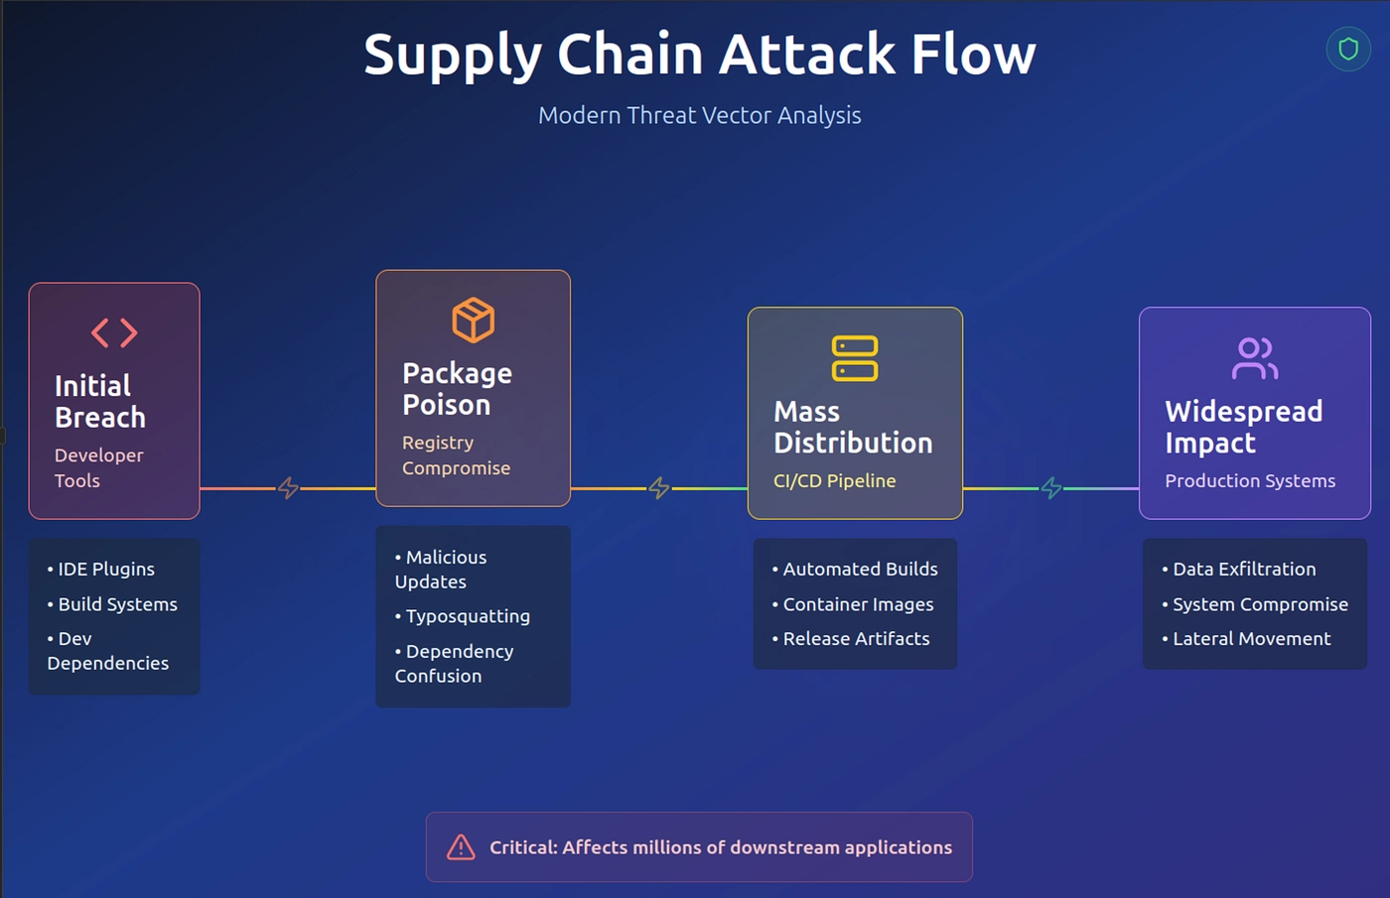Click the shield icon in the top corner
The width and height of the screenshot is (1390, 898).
point(1347,49)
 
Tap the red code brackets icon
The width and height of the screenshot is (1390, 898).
point(114,332)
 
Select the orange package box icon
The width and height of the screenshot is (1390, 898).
point(473,320)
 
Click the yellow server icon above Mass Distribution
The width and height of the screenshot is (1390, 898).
point(854,358)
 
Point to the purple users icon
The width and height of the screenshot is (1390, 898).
point(1254,358)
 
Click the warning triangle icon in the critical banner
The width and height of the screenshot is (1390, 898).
point(461,847)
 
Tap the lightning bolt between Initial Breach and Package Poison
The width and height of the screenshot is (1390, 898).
point(288,488)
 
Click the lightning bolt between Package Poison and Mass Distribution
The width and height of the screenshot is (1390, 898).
point(658,488)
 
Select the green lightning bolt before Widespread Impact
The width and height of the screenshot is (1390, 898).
point(1050,488)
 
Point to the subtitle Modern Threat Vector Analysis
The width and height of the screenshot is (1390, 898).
point(699,115)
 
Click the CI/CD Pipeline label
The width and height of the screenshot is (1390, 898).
point(834,481)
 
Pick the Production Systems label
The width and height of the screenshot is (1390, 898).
point(1249,481)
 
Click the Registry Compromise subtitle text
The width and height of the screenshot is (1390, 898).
point(456,455)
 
